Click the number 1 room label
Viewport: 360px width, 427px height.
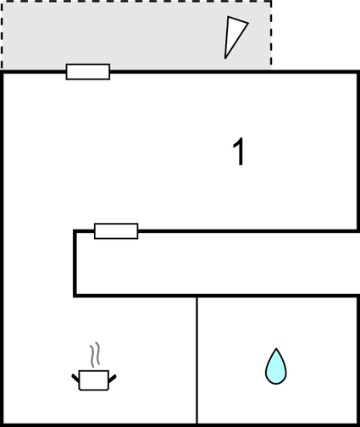239,152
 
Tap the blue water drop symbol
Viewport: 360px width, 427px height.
276,366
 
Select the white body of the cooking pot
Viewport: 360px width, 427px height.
94,380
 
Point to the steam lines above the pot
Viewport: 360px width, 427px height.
95,354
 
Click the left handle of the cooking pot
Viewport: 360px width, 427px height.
75,378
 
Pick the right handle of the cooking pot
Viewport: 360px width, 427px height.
113,379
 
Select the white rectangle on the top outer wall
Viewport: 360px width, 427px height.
88,72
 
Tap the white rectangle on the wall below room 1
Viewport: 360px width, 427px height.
116,231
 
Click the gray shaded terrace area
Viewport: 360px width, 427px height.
136,36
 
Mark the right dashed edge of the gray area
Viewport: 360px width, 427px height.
271,35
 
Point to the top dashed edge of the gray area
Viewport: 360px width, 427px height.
136,2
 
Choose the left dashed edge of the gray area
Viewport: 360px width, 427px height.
2,35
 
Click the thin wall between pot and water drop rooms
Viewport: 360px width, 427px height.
197,360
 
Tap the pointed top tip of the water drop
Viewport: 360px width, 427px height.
276,348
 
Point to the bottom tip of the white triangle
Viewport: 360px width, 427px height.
225,58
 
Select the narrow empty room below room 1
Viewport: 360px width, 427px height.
218,263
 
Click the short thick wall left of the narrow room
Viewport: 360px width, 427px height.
75,263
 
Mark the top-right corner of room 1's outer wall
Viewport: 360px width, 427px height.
358,72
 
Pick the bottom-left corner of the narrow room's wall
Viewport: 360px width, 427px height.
75,296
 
